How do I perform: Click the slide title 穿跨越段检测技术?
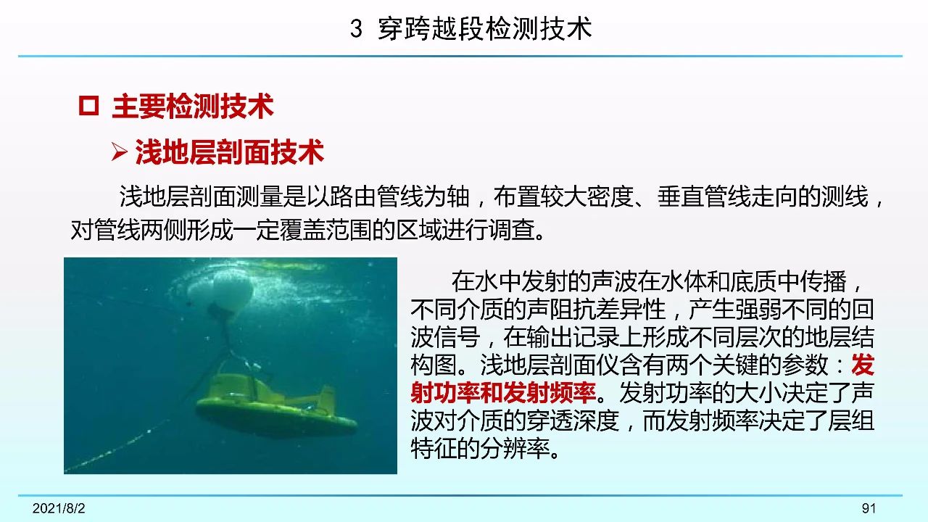click(x=485, y=29)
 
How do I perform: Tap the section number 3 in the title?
click(x=356, y=29)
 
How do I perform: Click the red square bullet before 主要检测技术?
click(x=88, y=106)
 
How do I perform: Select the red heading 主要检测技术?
click(x=193, y=106)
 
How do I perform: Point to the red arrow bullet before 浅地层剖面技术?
click(x=120, y=152)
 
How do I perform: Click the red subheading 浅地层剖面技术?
click(x=230, y=152)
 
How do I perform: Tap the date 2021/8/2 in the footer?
click(x=59, y=508)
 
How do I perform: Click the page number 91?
click(x=869, y=508)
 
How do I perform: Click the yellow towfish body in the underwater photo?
click(x=275, y=408)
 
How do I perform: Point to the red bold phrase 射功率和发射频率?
click(x=503, y=393)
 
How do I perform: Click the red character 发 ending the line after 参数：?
click(x=863, y=365)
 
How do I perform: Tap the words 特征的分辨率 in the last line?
click(x=480, y=448)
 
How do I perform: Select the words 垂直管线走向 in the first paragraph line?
click(x=727, y=196)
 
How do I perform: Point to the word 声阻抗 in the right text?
click(x=561, y=310)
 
